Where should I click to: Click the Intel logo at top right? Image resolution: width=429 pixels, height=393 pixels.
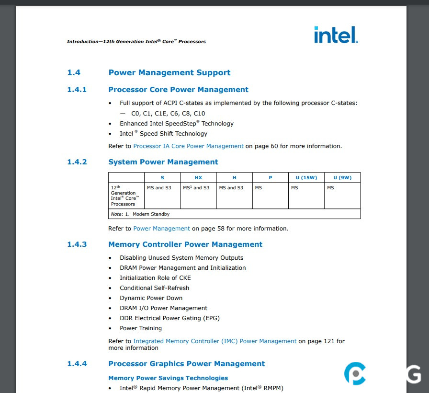tap(336, 35)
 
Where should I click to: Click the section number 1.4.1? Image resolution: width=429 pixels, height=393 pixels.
tap(77, 90)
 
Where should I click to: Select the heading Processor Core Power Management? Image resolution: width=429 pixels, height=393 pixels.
tap(178, 90)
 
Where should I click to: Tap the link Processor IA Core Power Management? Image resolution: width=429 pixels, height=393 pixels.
tap(188, 146)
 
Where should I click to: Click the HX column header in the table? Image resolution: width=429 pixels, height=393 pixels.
tap(198, 178)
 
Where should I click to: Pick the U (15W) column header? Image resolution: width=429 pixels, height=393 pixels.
tap(306, 178)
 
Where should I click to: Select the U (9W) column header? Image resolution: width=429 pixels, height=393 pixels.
tap(342, 178)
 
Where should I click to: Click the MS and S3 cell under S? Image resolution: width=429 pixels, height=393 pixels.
tap(159, 188)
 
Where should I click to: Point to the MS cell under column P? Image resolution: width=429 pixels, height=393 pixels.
tap(259, 188)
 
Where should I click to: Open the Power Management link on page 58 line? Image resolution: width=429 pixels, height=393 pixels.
tap(161, 229)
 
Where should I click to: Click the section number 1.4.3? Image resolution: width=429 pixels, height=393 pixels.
tap(77, 244)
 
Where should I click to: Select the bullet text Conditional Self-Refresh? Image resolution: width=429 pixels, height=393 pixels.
tap(154, 288)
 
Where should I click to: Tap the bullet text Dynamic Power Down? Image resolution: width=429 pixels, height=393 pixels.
tap(151, 298)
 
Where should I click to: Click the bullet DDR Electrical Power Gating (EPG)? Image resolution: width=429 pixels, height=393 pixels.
tap(169, 318)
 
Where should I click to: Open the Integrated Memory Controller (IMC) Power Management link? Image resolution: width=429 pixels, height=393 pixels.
tap(214, 341)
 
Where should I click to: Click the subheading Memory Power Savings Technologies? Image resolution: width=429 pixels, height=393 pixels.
tap(168, 378)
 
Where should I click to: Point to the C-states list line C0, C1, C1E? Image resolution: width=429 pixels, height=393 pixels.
tap(168, 114)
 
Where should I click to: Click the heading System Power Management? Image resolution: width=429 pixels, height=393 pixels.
tap(163, 162)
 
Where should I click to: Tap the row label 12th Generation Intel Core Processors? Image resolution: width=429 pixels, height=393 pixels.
tap(124, 196)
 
